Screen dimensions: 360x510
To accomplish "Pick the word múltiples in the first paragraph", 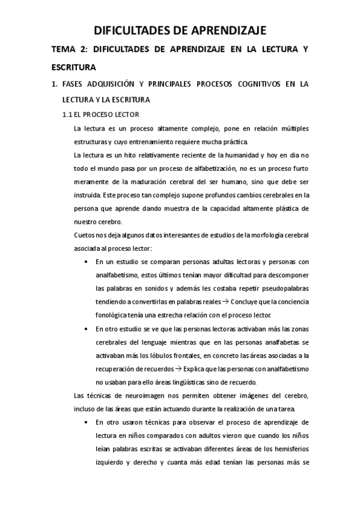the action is (x=292, y=128).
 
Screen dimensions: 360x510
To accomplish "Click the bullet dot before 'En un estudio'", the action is (x=87, y=262).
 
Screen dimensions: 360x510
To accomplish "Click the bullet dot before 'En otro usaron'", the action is (x=87, y=422).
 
